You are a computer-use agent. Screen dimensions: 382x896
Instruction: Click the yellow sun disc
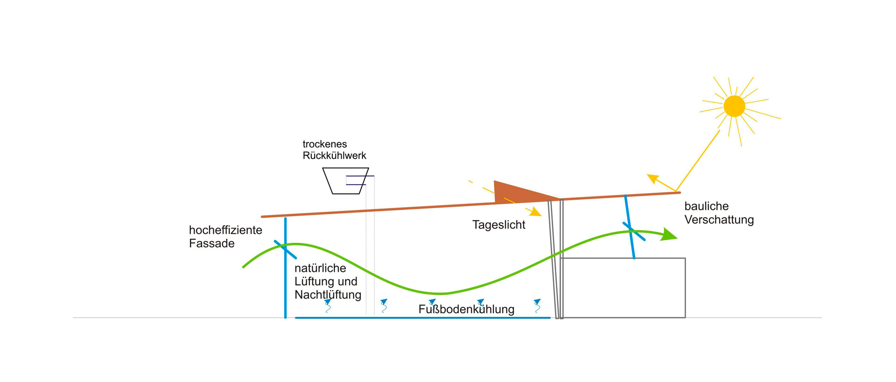pyautogui.click(x=734, y=106)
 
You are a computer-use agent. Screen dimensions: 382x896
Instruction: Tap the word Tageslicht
pyautogui.click(x=498, y=225)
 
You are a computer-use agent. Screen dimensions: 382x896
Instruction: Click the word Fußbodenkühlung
pyautogui.click(x=466, y=309)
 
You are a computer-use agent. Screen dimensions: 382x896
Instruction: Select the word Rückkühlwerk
pyautogui.click(x=334, y=156)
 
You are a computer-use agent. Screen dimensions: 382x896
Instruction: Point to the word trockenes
pyautogui.click(x=324, y=144)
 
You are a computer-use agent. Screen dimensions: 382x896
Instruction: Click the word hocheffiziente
pyautogui.click(x=225, y=230)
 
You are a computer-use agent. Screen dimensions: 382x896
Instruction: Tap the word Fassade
pyautogui.click(x=211, y=243)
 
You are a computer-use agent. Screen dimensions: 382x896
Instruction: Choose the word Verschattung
pyautogui.click(x=719, y=220)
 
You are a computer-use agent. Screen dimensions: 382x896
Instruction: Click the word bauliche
pyautogui.click(x=706, y=206)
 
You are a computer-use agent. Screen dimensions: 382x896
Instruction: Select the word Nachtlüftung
pyautogui.click(x=328, y=295)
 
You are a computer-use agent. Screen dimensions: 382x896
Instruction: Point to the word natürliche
pyautogui.click(x=320, y=268)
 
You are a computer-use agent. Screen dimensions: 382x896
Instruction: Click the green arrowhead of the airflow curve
pyautogui.click(x=669, y=235)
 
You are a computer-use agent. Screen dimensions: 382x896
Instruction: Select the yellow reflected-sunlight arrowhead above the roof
pyautogui.click(x=653, y=179)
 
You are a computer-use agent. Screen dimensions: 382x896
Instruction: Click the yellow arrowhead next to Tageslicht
pyautogui.click(x=534, y=212)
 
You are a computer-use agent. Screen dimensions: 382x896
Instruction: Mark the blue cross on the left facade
pyautogui.click(x=285, y=250)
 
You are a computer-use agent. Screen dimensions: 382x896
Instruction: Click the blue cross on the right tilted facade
pyautogui.click(x=633, y=231)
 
